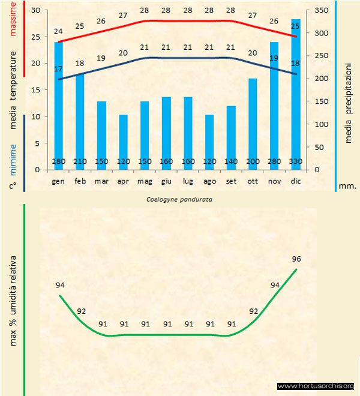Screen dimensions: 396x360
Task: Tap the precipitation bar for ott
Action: (x=253, y=120)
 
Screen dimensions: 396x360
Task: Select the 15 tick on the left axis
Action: (x=35, y=90)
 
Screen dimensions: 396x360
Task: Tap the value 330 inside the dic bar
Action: (x=296, y=162)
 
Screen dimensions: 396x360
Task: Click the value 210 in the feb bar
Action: (x=80, y=162)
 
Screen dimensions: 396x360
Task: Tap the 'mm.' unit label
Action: (x=348, y=186)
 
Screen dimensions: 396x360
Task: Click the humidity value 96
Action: (x=296, y=259)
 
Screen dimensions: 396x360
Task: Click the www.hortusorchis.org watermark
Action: (x=316, y=386)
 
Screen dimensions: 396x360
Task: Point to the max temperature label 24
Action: (x=58, y=32)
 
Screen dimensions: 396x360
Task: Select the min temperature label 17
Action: (x=58, y=69)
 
